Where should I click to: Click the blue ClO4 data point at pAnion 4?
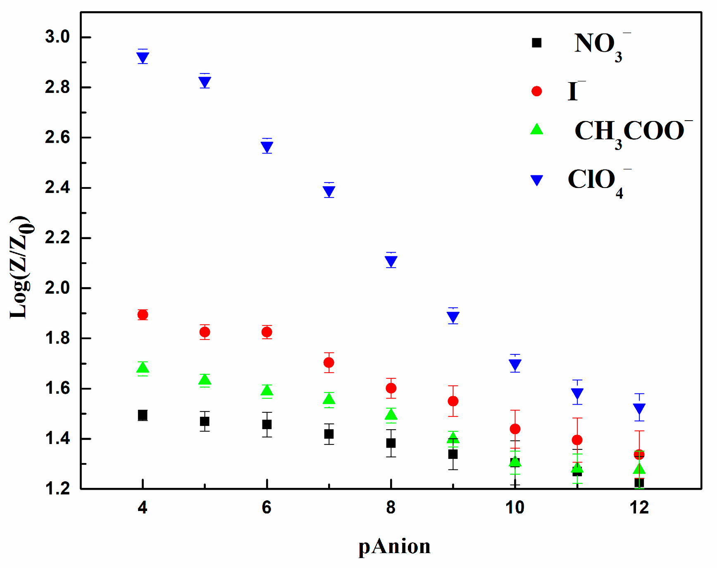pos(143,57)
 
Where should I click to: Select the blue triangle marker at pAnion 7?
pos(329,191)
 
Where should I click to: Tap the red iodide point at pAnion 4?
pos(143,315)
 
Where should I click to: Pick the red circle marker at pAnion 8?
pos(391,388)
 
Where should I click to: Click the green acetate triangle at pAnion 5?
pos(205,380)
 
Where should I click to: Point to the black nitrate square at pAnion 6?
pos(267,424)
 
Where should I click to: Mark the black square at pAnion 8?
pos(391,443)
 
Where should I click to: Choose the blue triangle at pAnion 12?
pos(639,409)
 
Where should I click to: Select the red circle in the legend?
pos(536,91)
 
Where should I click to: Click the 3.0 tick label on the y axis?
pos(57,37)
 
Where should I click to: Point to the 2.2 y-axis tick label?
pos(57,238)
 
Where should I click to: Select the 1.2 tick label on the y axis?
pos(57,489)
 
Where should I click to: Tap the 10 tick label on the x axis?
pos(515,507)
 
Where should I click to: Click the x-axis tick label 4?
pos(143,507)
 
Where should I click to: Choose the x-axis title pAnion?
pos(394,547)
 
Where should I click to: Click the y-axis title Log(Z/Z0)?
pos(21,267)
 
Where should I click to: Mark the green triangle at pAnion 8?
pos(391,414)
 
